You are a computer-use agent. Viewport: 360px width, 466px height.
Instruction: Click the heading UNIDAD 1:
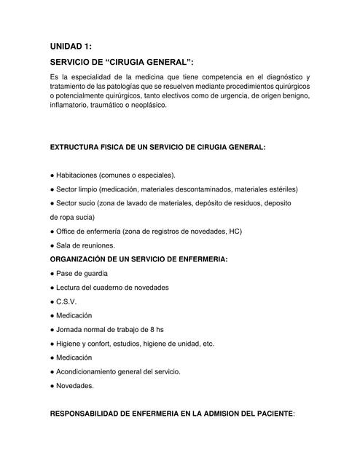point(71,46)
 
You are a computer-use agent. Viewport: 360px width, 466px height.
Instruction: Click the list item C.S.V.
point(66,301)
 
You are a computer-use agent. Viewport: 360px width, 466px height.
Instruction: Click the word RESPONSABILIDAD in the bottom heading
point(87,414)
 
